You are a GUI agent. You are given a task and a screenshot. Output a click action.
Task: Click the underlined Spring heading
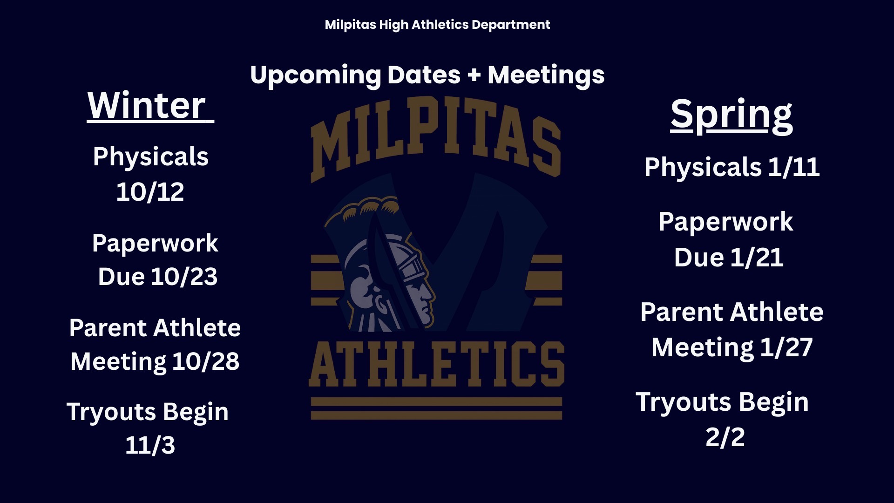[731, 116]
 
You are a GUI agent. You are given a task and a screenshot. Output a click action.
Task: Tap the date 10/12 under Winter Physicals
[150, 192]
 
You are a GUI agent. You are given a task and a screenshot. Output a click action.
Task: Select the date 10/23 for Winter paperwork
[184, 277]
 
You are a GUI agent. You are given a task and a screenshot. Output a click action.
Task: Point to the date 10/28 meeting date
[206, 361]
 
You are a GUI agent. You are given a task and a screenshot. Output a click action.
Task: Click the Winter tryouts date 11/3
[150, 445]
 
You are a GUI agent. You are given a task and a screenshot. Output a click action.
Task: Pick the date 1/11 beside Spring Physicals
[794, 167]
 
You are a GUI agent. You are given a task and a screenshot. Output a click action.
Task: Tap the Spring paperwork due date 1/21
[757, 258]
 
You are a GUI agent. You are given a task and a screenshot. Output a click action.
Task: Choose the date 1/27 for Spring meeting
[786, 347]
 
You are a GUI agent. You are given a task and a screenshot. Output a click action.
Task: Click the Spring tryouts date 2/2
[725, 437]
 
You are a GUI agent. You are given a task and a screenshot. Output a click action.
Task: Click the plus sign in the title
[474, 75]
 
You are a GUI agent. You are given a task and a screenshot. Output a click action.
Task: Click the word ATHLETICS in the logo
[437, 364]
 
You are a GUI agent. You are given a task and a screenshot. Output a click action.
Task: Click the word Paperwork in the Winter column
[155, 244]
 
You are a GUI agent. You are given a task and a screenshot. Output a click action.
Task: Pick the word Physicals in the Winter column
[151, 156]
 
